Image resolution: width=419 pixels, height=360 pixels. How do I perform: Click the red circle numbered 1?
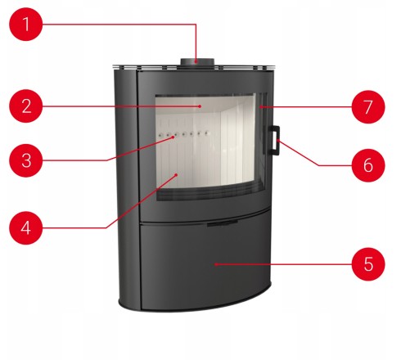point(26,25)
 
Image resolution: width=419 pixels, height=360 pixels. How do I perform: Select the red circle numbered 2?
point(26,106)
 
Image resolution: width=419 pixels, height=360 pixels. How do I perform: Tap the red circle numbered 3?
point(26,160)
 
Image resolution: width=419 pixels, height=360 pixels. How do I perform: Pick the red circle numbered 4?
point(26,227)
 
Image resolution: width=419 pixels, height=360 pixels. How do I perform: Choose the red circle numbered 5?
point(368,264)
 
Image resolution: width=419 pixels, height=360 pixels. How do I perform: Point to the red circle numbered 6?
point(368,165)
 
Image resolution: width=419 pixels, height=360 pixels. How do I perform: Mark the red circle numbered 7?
point(368,107)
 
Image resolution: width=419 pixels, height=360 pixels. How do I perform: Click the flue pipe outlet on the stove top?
point(197,62)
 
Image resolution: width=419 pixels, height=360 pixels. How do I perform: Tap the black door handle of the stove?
point(275,140)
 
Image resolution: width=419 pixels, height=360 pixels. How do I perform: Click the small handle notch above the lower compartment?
point(223,223)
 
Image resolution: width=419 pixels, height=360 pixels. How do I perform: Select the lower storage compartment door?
point(206,263)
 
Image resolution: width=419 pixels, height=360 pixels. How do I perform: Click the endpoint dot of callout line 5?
point(215,264)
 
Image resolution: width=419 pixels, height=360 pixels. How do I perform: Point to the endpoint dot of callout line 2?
point(200,106)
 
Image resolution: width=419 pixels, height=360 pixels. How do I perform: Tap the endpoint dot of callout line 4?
point(177,174)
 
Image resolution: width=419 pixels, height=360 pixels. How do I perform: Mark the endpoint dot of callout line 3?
point(173,137)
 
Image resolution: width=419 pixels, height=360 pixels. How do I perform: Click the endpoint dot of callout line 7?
point(261,107)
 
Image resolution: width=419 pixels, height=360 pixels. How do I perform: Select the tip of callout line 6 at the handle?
point(278,140)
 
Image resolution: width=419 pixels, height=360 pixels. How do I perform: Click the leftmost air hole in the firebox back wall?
point(161,134)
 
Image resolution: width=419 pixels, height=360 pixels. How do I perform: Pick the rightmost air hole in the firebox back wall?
point(206,133)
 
